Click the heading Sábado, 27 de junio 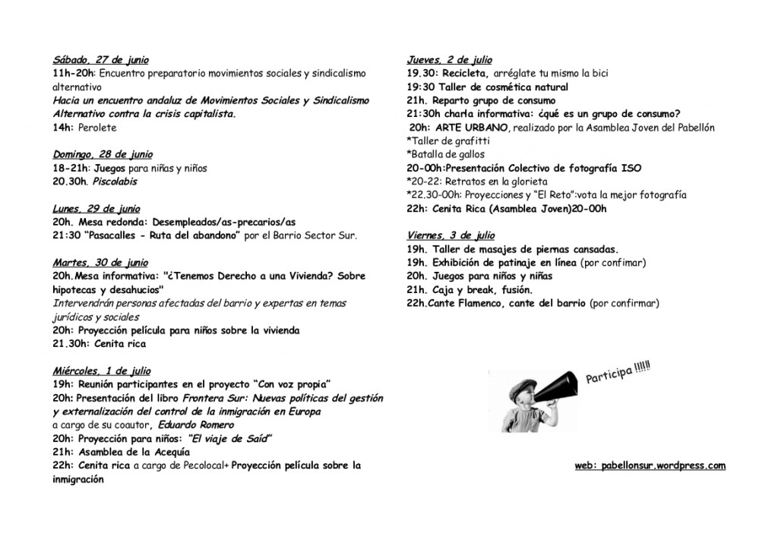pos(101,60)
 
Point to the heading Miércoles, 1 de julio pos(102,371)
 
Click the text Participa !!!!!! pos(619,374)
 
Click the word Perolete pos(96,128)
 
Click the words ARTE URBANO pos(469,128)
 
